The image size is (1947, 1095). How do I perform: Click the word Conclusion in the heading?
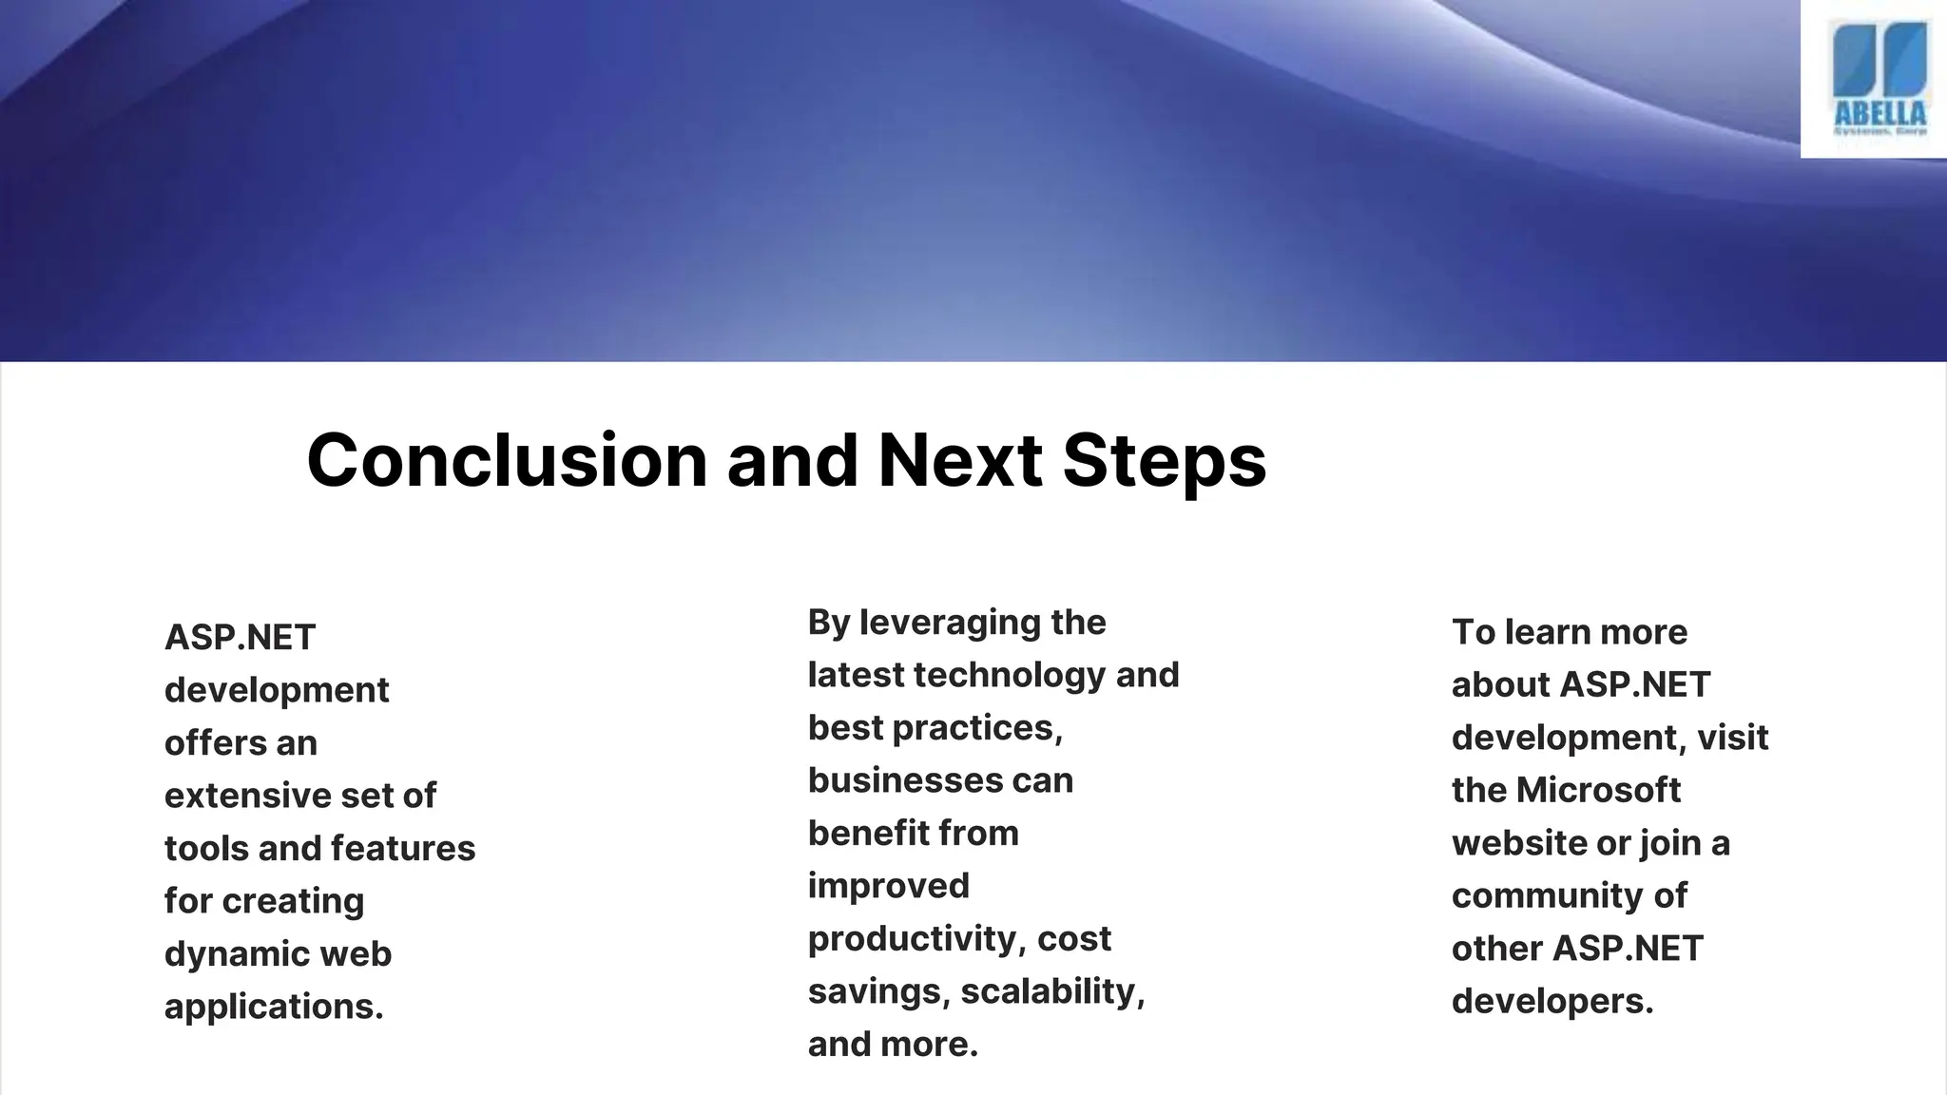[x=507, y=461]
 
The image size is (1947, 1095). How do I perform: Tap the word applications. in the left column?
[x=274, y=1007]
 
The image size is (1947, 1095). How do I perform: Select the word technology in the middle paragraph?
[x=1009, y=675]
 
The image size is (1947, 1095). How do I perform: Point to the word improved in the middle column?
[x=888, y=886]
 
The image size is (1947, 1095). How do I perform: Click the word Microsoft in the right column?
[x=1597, y=790]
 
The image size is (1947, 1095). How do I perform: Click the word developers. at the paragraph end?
[x=1552, y=1001]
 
